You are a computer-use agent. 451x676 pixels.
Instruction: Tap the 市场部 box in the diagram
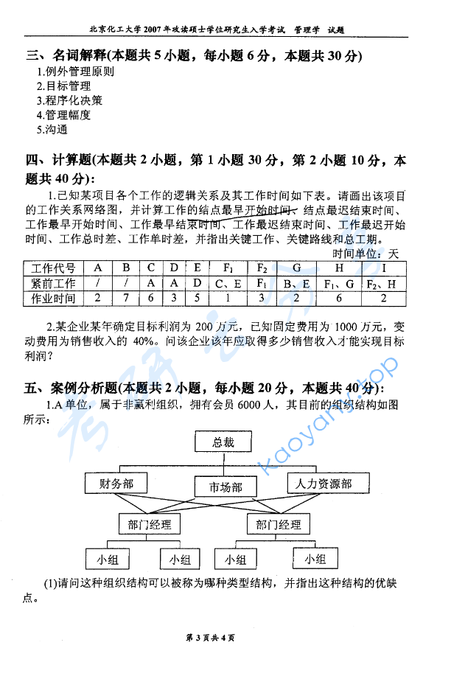[x=225, y=487]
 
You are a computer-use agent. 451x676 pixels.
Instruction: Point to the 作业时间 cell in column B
[x=127, y=298]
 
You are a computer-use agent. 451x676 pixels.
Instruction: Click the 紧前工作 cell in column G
[x=296, y=282]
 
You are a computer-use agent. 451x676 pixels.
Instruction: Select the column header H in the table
[x=338, y=268]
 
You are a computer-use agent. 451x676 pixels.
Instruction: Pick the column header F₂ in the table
[x=262, y=268]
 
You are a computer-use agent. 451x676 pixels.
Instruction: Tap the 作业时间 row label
[x=54, y=298]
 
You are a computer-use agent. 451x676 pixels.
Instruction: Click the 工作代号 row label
[x=54, y=268]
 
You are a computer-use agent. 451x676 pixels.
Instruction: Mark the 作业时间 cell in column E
[x=197, y=298]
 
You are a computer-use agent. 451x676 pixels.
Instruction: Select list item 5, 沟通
[x=52, y=129]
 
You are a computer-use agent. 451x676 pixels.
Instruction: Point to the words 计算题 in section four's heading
[x=71, y=160]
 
